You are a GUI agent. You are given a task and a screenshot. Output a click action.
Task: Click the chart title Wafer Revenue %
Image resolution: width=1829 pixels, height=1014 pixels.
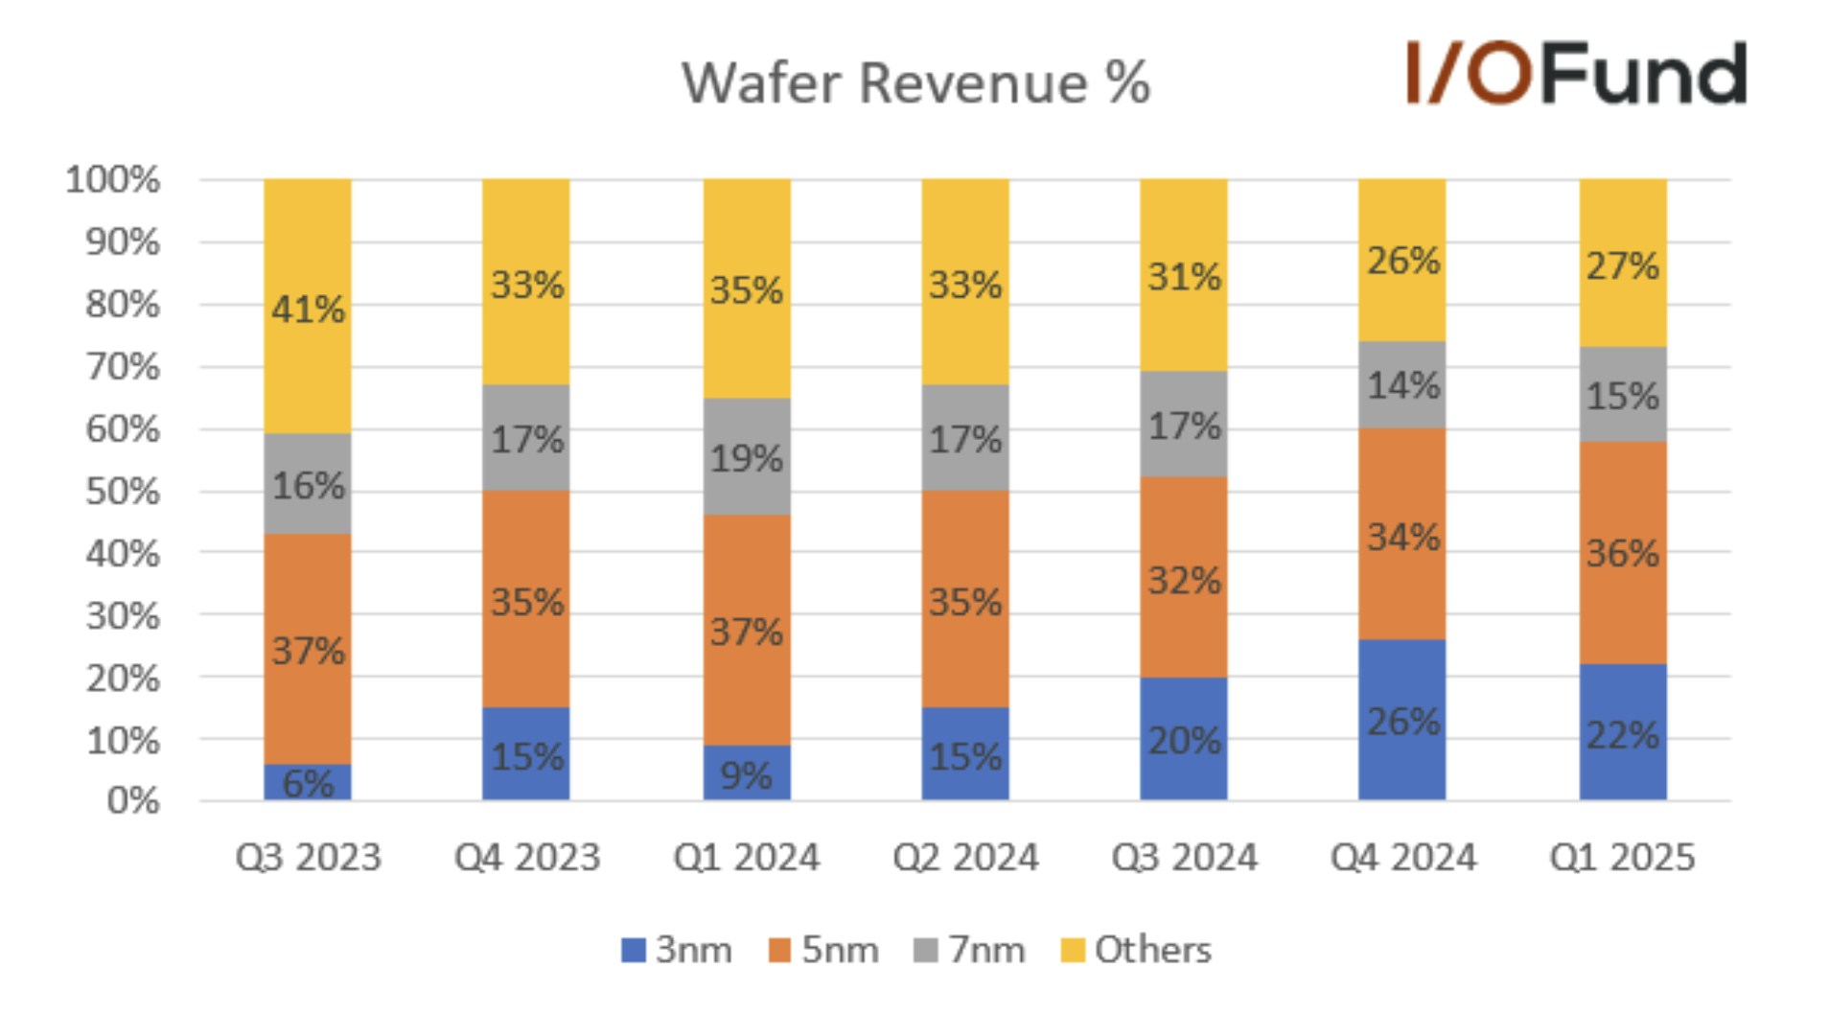point(914,83)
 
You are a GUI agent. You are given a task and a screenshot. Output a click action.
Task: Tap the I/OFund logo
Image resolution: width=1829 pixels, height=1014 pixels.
point(1575,73)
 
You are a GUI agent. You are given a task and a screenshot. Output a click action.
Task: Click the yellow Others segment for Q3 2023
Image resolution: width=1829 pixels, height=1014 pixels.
point(308,307)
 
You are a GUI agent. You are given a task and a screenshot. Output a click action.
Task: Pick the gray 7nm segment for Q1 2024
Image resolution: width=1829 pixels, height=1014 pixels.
point(746,456)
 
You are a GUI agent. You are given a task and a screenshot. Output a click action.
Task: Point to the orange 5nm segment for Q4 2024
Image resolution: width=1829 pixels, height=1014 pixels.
point(1401,534)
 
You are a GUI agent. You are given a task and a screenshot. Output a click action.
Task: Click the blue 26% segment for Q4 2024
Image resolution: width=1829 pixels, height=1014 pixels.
point(1401,720)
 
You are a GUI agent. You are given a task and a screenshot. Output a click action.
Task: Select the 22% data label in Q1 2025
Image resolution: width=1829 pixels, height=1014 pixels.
point(1622,735)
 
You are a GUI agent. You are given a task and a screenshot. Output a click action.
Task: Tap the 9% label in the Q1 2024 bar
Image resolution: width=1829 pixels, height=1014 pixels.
point(746,775)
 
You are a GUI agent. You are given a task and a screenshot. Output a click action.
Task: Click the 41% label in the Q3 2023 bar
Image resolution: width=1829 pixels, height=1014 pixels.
point(308,310)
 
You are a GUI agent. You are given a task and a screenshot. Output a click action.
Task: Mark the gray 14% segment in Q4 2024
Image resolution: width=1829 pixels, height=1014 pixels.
point(1401,385)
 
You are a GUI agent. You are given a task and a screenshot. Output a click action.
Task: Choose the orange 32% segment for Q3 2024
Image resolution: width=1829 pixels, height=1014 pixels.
point(1183,578)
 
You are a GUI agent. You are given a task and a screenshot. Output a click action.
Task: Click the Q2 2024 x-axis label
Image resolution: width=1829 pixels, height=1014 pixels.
point(964,857)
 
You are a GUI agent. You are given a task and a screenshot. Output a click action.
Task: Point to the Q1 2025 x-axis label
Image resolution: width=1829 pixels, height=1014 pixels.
point(1622,857)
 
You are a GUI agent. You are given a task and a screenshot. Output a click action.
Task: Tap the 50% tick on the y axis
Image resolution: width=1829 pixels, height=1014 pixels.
point(122,492)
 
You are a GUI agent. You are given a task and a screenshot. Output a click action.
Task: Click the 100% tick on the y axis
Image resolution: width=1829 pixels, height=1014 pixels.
point(112,179)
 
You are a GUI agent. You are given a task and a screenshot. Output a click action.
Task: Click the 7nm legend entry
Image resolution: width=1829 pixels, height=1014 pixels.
point(969,950)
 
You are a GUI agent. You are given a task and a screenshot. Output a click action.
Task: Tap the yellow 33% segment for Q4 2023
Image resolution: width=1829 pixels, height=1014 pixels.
point(526,284)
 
